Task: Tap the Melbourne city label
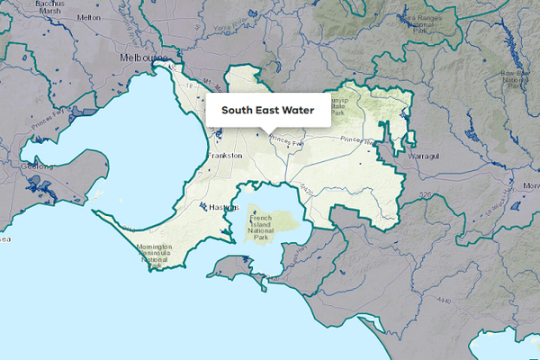[145, 58]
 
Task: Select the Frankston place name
[225, 156]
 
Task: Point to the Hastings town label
[222, 207]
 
